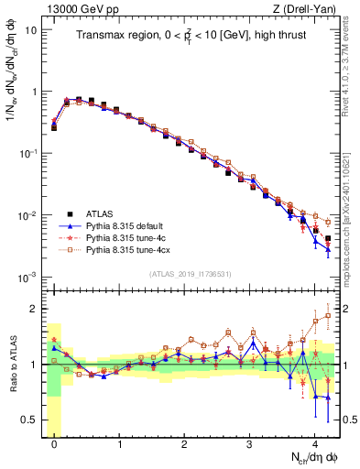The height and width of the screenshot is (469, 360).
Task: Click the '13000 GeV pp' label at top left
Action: (x=75, y=8)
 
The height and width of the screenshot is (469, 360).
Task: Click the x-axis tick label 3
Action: (x=250, y=442)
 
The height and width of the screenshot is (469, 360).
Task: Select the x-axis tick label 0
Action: (x=54, y=442)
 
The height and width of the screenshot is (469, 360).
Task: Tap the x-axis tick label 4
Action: (x=315, y=442)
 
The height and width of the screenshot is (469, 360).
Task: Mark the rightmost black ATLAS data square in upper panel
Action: (x=328, y=239)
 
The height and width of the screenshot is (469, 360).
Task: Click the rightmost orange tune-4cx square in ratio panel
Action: (x=328, y=316)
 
